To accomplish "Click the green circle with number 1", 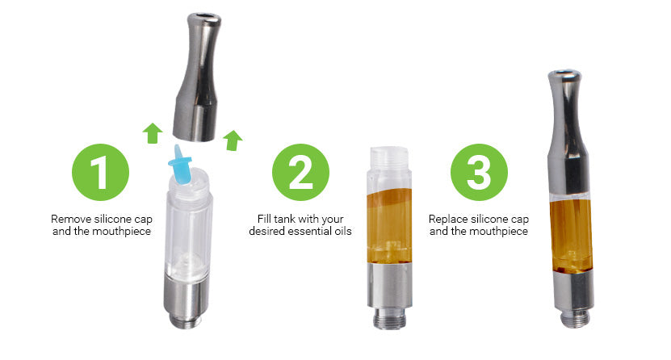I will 101,171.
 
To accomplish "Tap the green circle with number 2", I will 301,171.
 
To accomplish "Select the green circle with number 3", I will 479,171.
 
